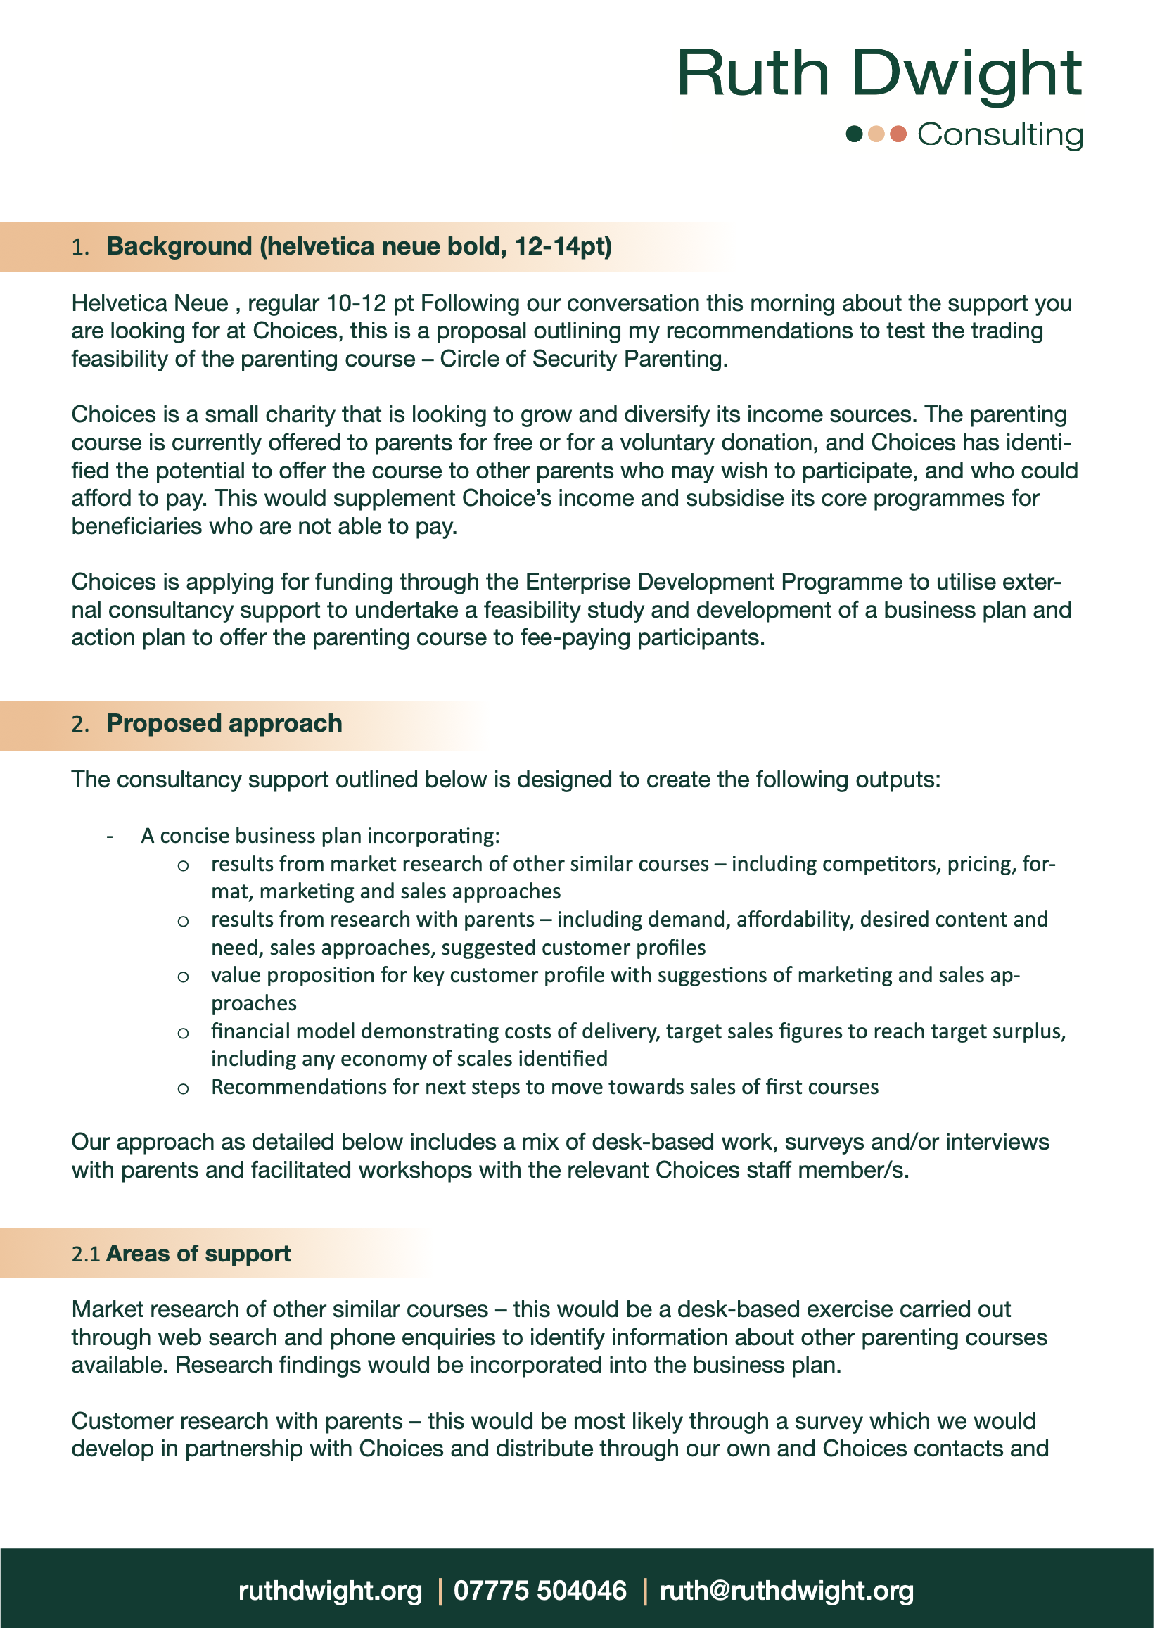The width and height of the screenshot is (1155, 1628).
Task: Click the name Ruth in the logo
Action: (753, 73)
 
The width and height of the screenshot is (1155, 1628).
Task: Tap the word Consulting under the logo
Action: (1000, 135)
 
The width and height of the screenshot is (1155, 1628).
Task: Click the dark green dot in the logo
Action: (854, 134)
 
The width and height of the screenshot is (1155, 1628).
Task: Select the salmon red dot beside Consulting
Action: (898, 134)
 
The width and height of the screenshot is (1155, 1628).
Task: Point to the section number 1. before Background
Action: (80, 247)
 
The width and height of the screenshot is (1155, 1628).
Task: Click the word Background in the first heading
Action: (179, 246)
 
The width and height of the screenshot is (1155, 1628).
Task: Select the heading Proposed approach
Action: (224, 723)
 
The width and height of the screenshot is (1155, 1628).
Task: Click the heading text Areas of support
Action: (198, 1253)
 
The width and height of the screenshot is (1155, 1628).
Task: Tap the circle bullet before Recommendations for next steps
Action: (183, 1088)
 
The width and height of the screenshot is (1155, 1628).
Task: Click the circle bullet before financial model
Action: (183, 1033)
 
